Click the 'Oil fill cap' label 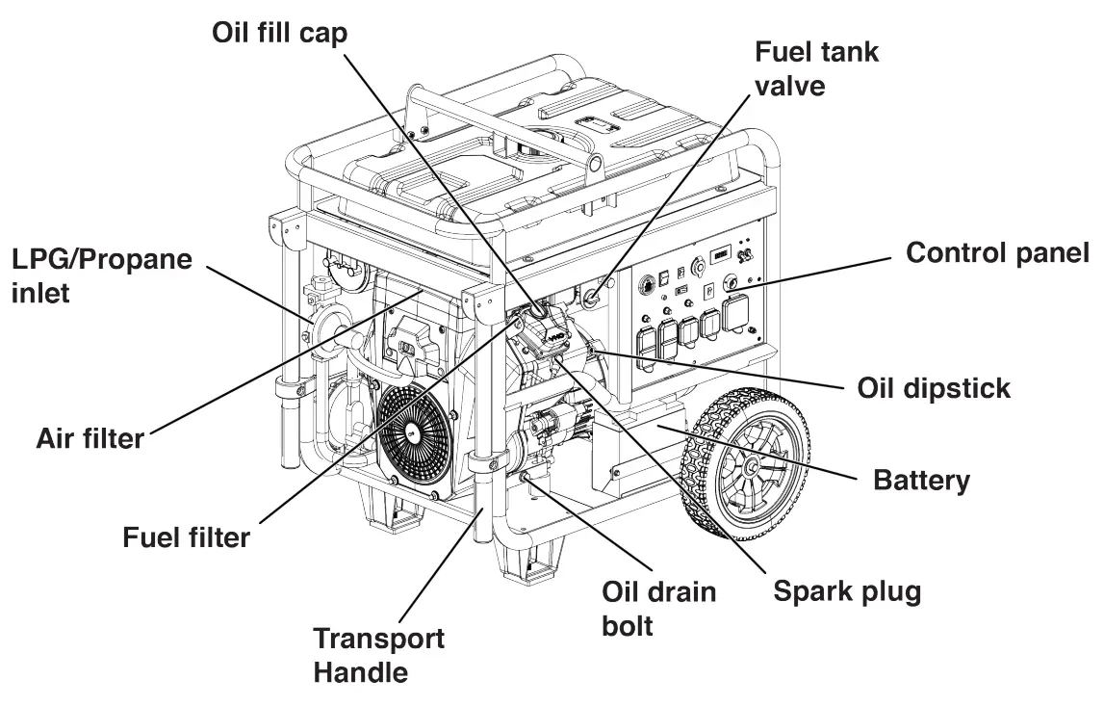279,32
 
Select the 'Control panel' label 997,253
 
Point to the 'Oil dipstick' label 934,388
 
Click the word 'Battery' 921,480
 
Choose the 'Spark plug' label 847,590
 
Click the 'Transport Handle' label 378,654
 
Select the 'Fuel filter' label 186,536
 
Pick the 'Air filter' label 90,438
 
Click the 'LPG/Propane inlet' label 101,275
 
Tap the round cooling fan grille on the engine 414,432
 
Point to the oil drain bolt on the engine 527,476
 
